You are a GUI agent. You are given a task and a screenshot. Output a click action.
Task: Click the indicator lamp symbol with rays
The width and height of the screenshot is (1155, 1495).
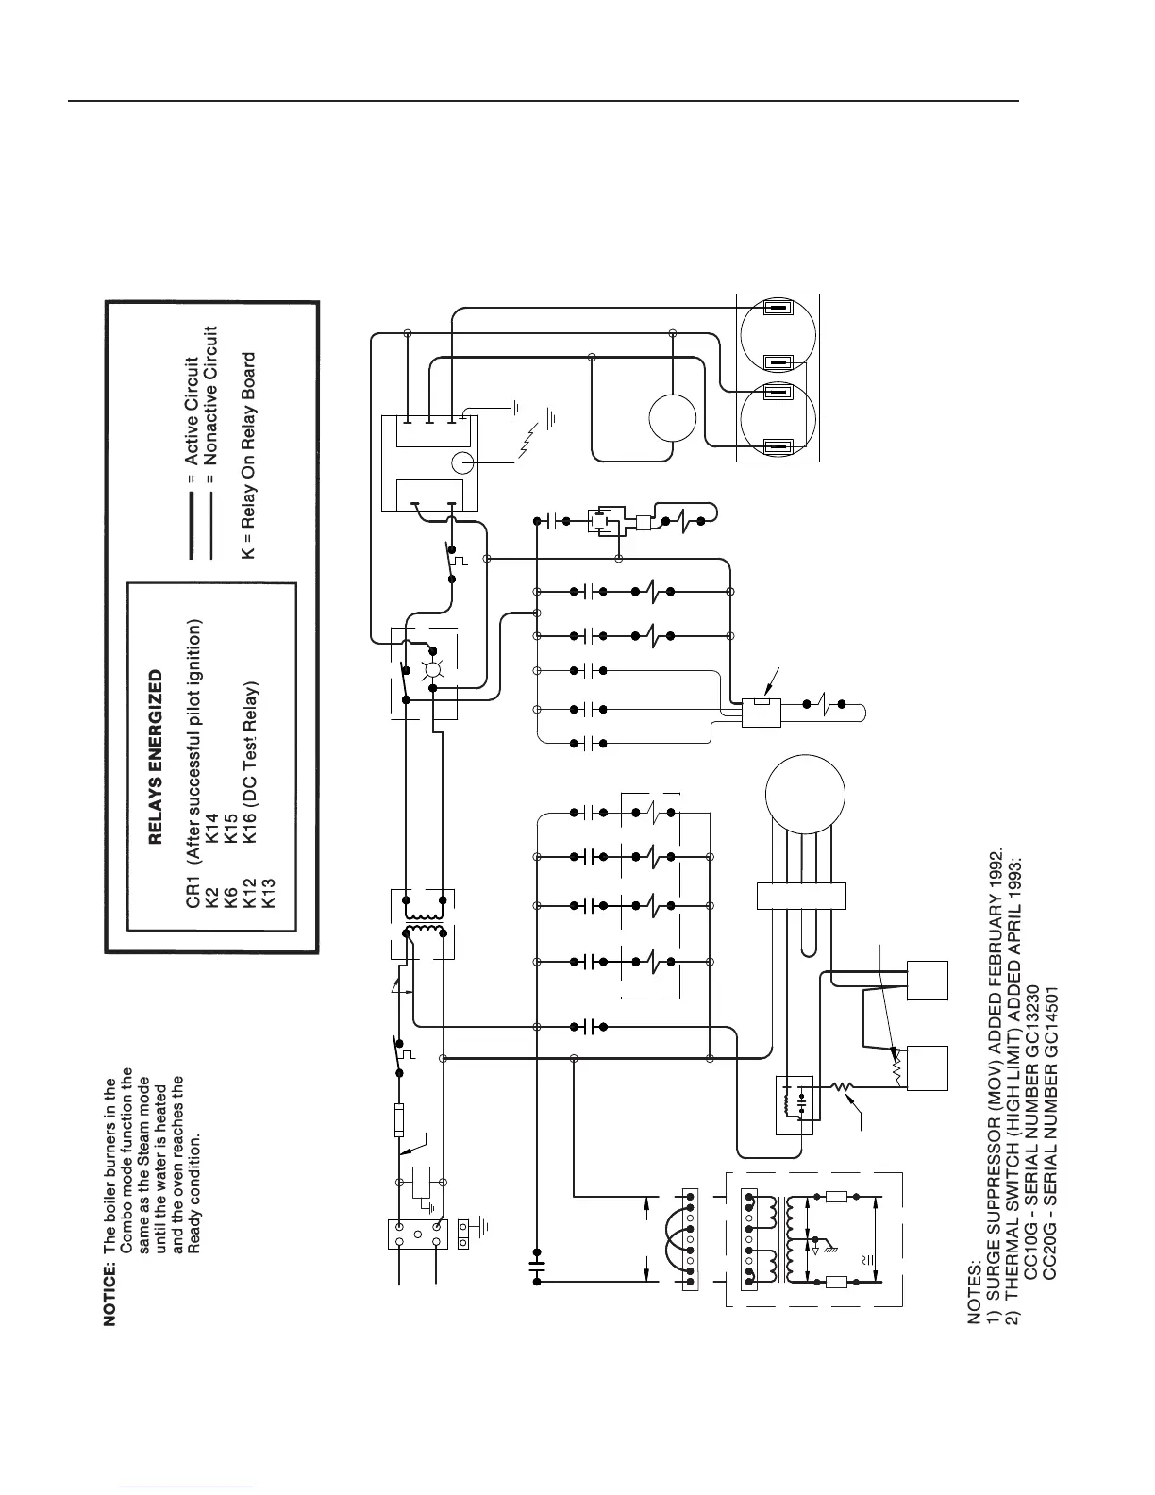coord(433,672)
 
